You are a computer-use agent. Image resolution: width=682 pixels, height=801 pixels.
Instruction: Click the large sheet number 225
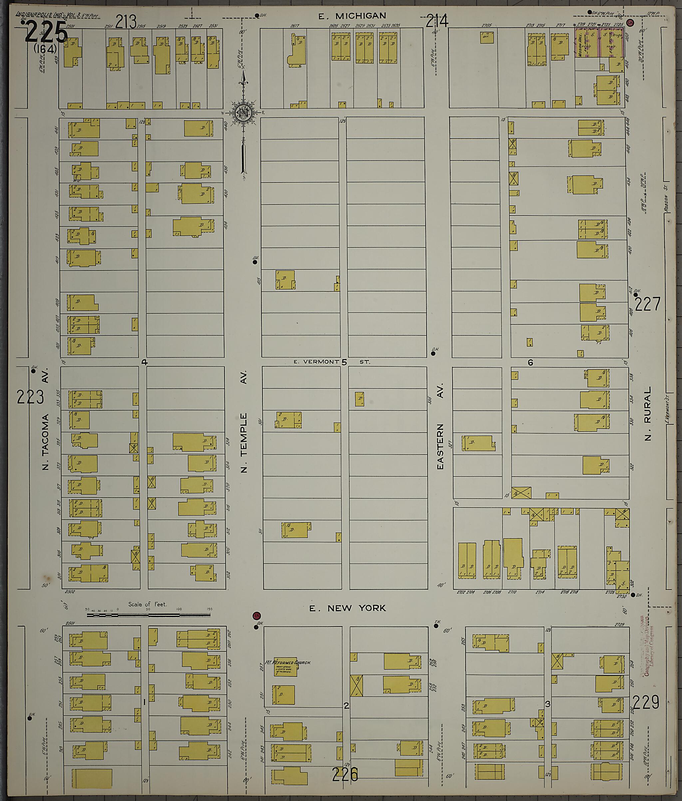click(x=46, y=32)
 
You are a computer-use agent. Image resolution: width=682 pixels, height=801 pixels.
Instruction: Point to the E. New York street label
click(x=347, y=608)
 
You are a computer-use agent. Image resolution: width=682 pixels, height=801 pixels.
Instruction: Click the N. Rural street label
click(x=648, y=414)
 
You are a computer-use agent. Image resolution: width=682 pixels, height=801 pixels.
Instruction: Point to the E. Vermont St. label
click(x=331, y=362)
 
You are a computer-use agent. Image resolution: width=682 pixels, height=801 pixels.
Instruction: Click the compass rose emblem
click(x=243, y=113)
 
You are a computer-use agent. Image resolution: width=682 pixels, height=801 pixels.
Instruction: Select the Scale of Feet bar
click(x=149, y=614)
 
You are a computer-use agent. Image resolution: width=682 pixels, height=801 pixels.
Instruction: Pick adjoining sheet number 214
click(x=437, y=21)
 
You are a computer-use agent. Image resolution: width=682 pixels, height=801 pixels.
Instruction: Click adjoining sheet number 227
click(x=648, y=304)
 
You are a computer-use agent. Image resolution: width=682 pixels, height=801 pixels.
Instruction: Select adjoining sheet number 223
click(x=30, y=397)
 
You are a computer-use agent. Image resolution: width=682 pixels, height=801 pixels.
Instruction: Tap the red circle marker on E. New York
click(x=256, y=616)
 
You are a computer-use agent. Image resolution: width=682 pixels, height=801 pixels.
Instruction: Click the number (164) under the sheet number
click(x=45, y=49)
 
